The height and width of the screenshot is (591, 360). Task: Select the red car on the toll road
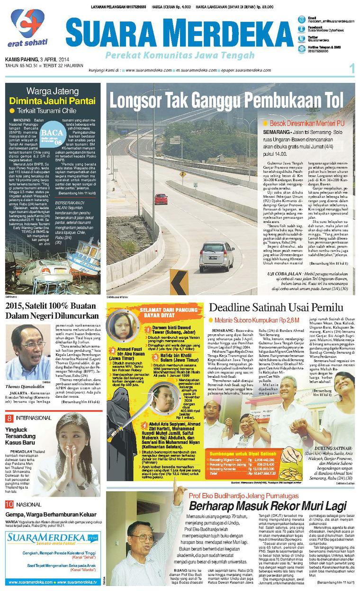(x=161, y=199)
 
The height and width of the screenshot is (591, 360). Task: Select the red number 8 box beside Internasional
(x=9, y=418)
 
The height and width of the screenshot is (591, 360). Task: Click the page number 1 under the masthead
(x=351, y=69)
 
